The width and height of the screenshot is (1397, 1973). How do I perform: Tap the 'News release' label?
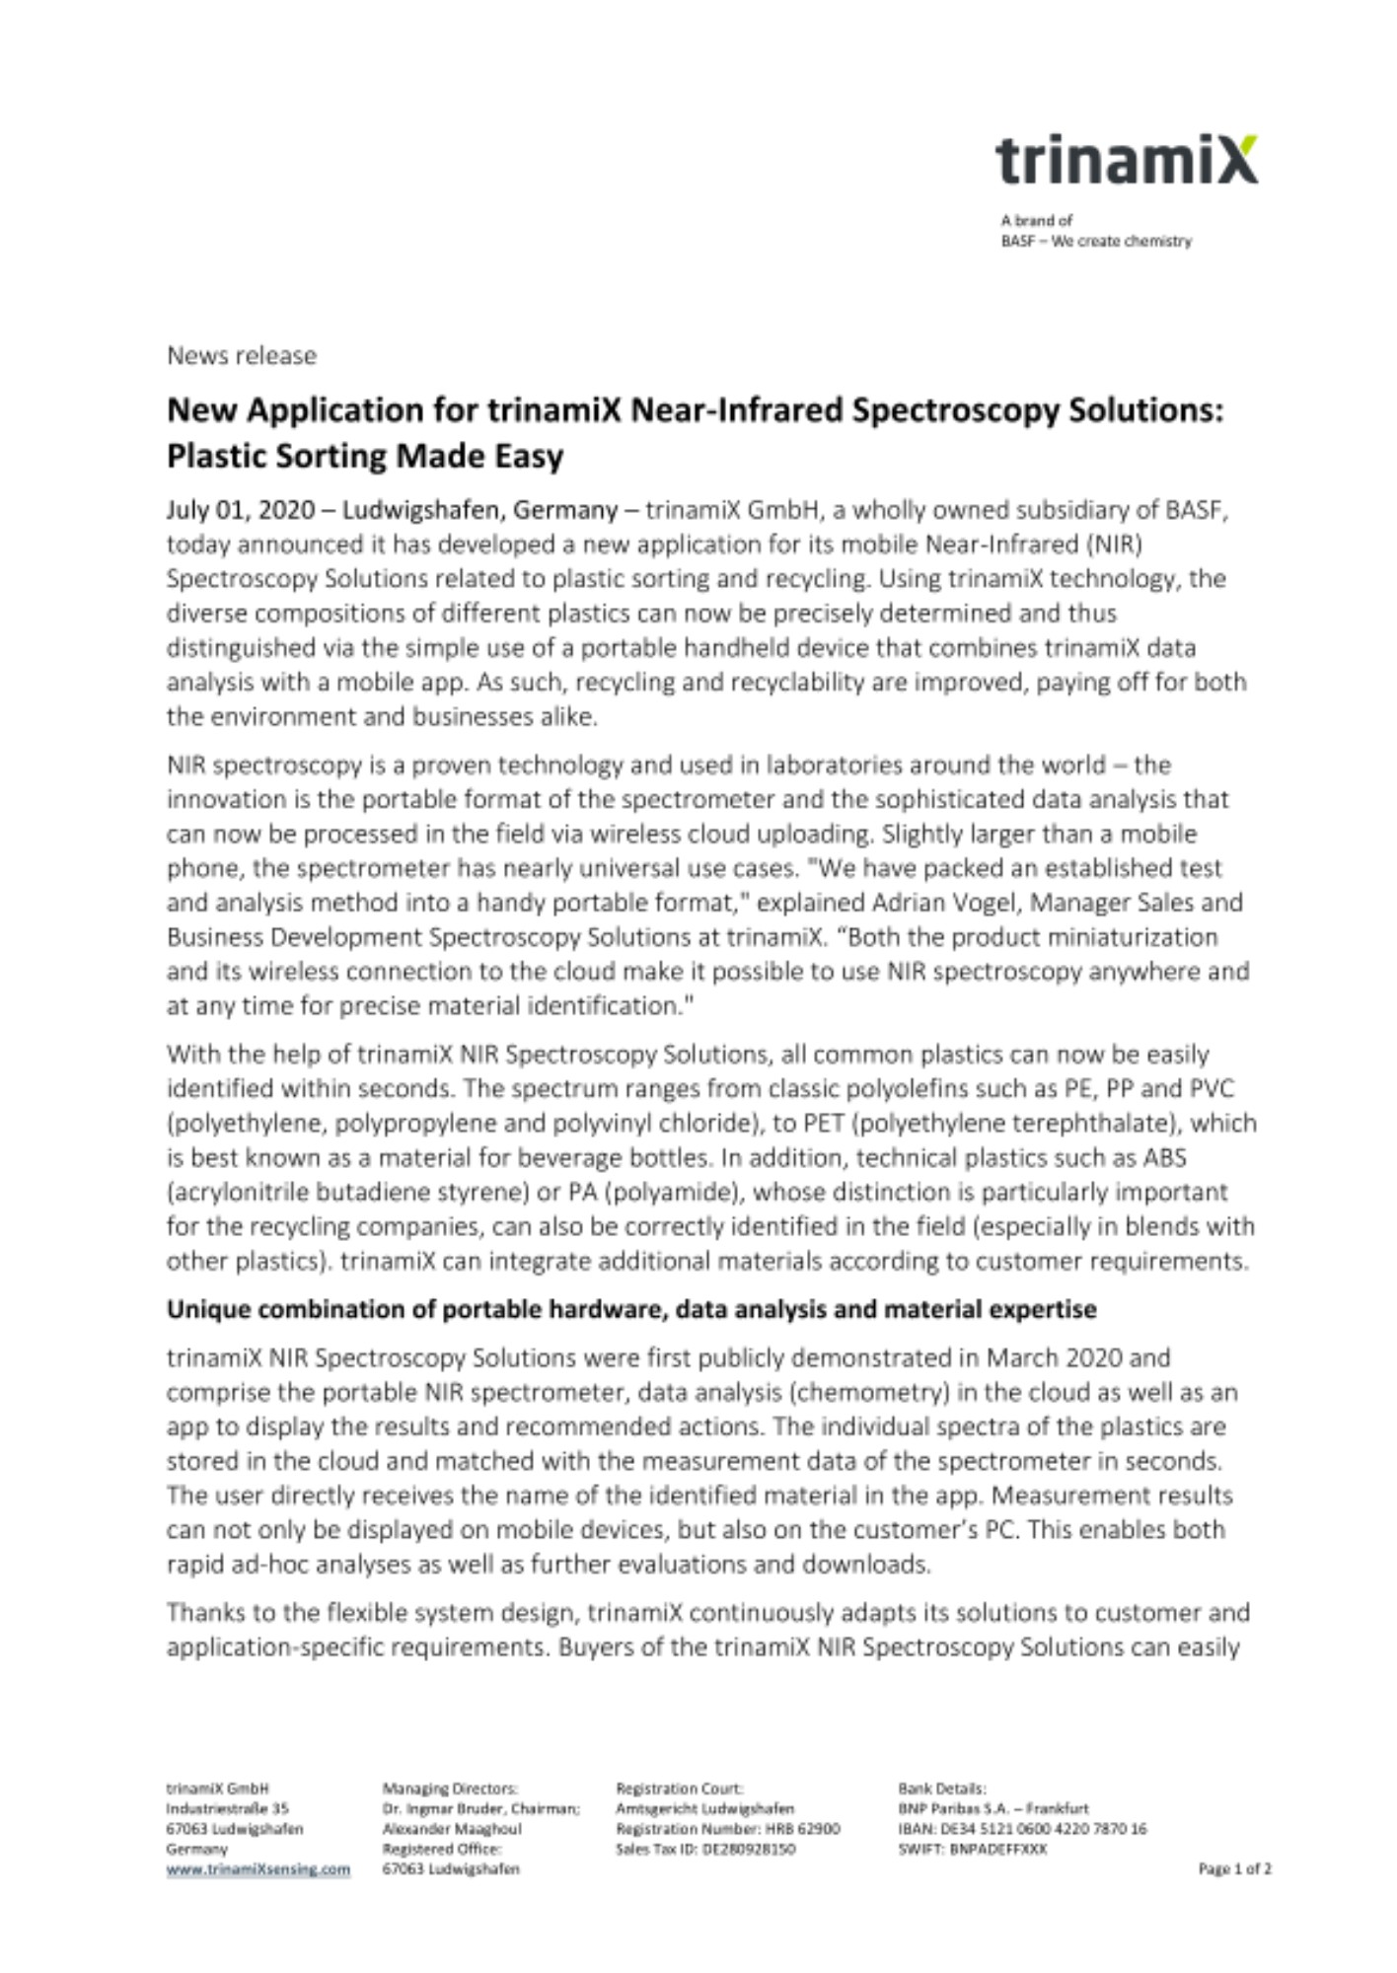pos(242,355)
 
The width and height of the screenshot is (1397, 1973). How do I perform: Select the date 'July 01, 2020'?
pos(241,510)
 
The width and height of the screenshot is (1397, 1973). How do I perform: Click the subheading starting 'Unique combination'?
pos(631,1309)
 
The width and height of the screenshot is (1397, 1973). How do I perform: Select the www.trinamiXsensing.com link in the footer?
pos(258,1868)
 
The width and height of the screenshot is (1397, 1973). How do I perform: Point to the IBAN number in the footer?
pos(1022,1828)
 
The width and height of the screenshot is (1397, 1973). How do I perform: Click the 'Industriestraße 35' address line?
pos(227,1808)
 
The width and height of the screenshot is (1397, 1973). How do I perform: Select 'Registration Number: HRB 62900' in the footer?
pos(727,1828)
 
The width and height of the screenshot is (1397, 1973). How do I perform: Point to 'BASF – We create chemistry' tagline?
pos(1096,241)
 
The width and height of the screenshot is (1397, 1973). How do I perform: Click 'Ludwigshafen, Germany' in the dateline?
pos(479,510)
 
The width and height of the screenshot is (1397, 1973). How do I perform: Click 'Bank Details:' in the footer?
pos(941,1788)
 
